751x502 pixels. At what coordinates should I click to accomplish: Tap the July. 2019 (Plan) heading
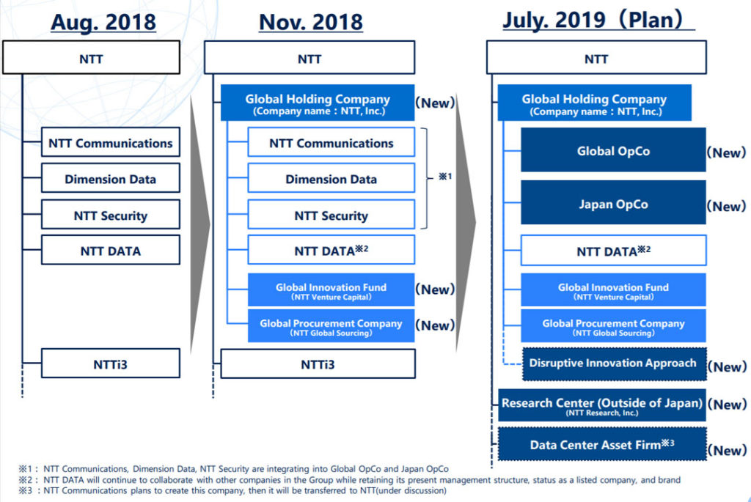[598, 20]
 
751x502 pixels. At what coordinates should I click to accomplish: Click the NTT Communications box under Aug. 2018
[110, 143]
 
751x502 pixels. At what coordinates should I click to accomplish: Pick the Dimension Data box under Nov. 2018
[331, 180]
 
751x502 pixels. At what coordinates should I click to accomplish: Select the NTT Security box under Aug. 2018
[110, 215]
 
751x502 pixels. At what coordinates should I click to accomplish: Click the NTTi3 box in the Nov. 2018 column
[317, 363]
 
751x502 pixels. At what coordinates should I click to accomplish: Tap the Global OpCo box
[613, 150]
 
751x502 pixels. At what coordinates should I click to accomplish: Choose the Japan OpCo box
[613, 204]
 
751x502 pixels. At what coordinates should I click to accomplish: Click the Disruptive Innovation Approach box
[612, 363]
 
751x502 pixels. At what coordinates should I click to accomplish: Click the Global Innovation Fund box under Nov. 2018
[331, 290]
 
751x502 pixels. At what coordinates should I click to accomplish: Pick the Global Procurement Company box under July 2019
[613, 326]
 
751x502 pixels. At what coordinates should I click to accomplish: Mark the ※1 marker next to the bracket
[444, 177]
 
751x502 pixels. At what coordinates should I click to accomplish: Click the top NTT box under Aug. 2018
[91, 59]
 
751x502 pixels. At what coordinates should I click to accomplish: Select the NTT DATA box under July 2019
[613, 251]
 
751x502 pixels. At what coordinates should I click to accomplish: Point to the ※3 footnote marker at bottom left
[26, 490]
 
